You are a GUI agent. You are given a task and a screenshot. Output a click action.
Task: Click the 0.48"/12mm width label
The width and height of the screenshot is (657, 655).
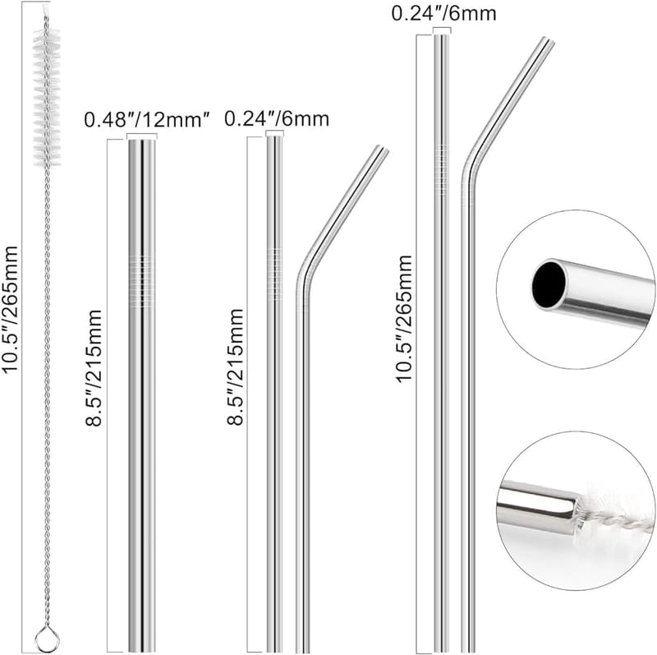point(147,120)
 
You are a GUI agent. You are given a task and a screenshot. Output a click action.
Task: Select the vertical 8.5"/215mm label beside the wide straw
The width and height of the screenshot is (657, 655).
point(94,367)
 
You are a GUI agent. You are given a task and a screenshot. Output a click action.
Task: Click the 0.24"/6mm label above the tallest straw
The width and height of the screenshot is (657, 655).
point(443,13)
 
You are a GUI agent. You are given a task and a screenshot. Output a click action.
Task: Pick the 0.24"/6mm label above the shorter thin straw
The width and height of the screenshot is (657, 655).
point(277,119)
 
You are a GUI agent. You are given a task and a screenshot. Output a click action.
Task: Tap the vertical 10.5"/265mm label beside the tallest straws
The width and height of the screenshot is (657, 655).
point(404,318)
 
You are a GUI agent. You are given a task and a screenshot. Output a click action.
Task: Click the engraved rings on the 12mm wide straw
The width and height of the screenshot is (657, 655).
point(141,281)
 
